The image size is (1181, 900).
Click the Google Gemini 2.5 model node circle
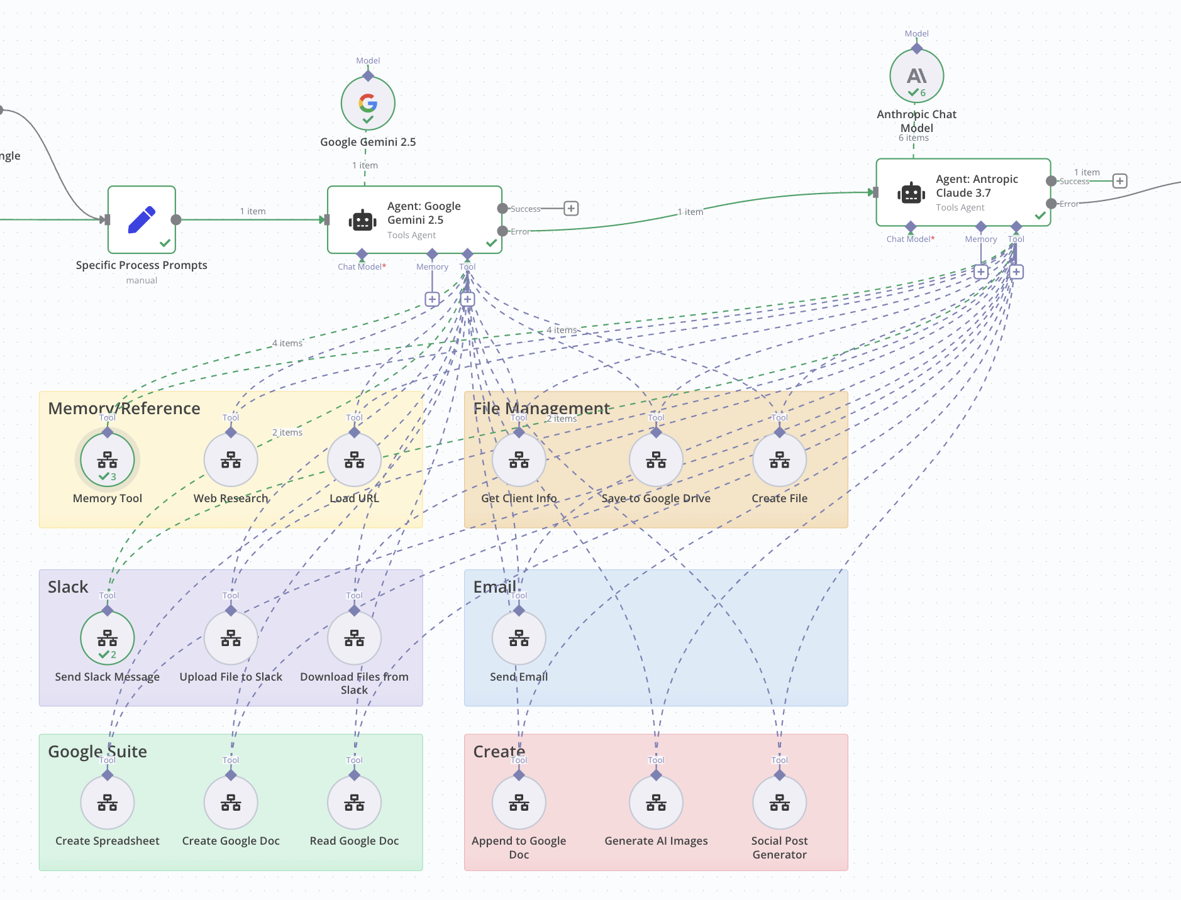tap(368, 104)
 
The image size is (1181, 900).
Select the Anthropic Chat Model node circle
tap(916, 76)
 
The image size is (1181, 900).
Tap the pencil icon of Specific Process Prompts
tap(141, 219)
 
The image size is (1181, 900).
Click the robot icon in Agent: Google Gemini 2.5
tap(362, 221)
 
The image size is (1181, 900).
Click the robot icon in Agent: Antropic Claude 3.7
tap(911, 193)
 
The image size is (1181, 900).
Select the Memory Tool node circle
tap(108, 460)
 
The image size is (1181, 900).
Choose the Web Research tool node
tap(231, 460)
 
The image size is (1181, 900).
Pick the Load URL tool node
tap(354, 460)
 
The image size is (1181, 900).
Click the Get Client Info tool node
tap(519, 460)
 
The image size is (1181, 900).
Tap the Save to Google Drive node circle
tap(656, 460)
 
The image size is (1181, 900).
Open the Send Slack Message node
tap(108, 638)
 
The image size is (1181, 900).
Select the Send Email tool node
tap(519, 638)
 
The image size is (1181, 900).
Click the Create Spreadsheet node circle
tap(108, 803)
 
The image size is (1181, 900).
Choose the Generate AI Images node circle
tap(656, 803)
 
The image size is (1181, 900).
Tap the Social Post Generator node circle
tap(779, 803)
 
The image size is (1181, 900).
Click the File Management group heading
tap(541, 409)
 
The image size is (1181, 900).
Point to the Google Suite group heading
tap(97, 752)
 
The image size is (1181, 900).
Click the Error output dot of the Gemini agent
tap(502, 231)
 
